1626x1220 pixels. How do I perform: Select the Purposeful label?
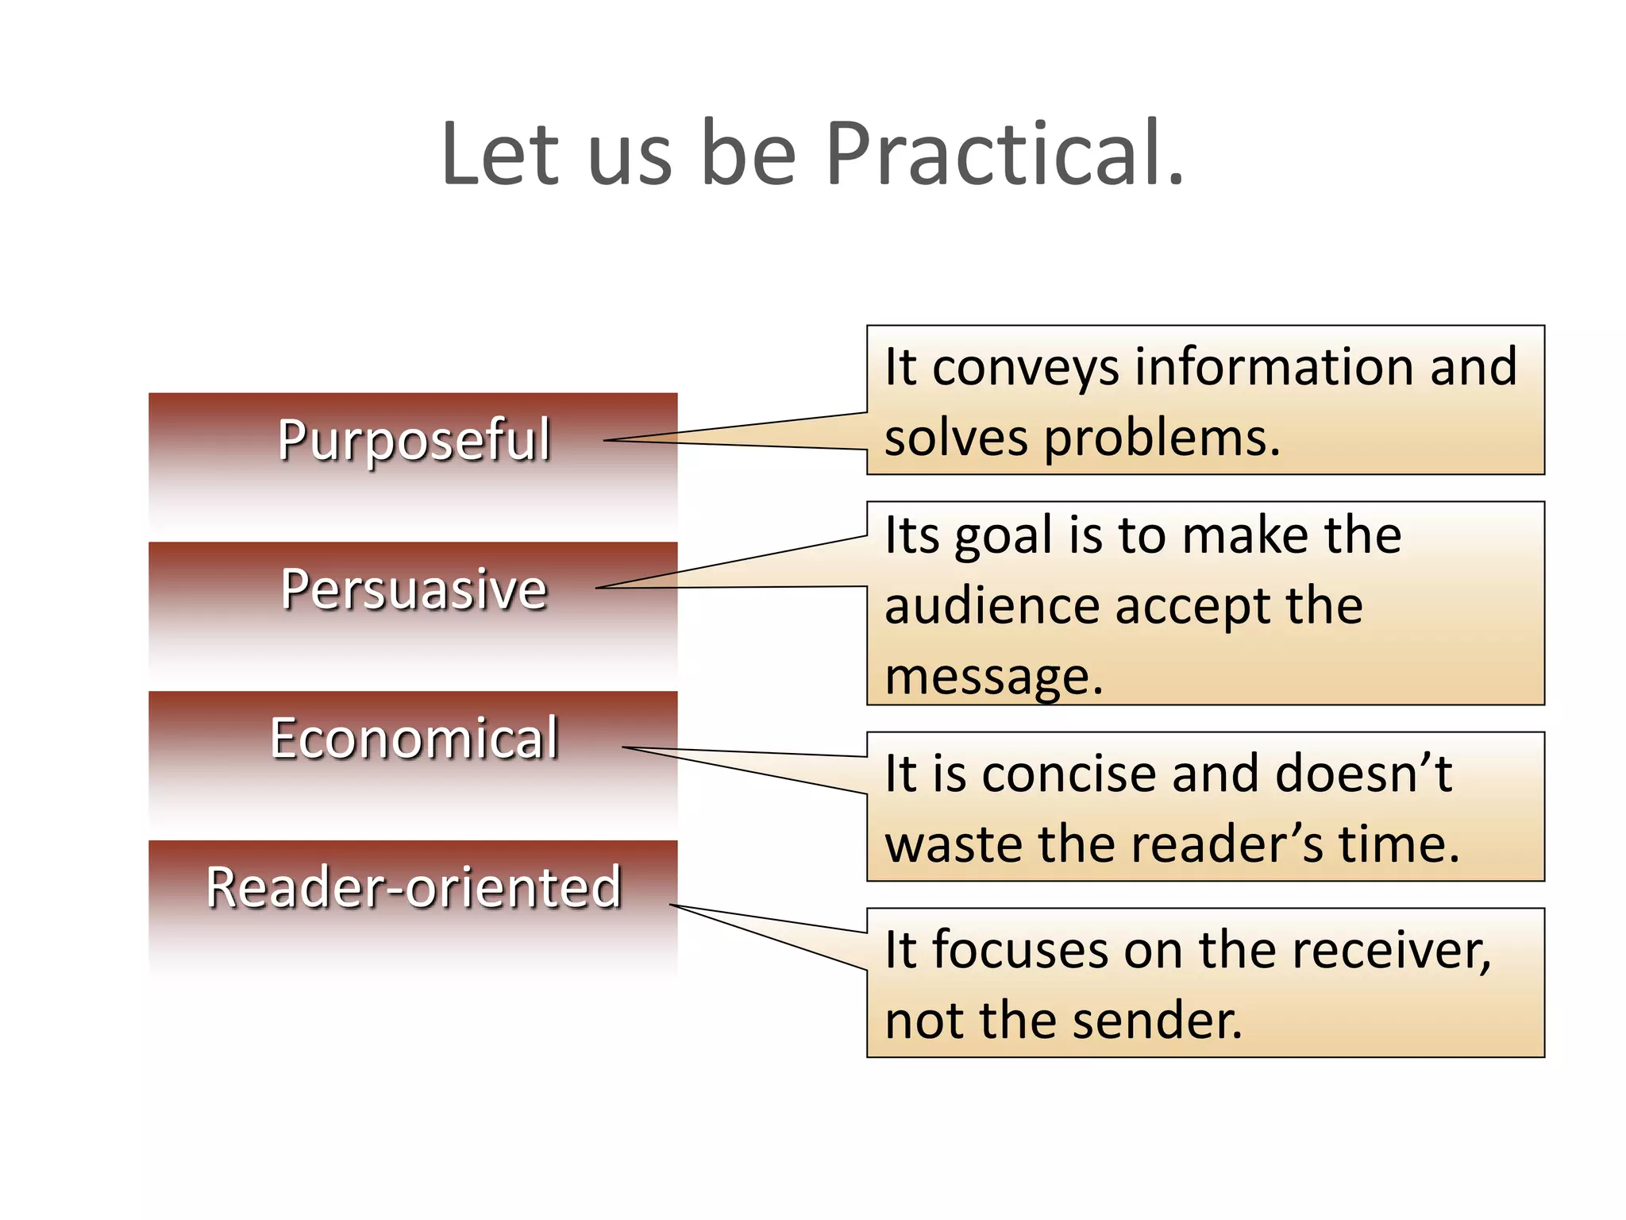414,439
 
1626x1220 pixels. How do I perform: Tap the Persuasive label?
414,589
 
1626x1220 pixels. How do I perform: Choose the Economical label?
414,738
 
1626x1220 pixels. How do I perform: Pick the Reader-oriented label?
414,887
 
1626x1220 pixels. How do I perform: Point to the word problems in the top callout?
1161,438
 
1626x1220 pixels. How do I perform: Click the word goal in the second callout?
1003,536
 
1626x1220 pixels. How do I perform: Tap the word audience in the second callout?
992,606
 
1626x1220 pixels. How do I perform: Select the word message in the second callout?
992,678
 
